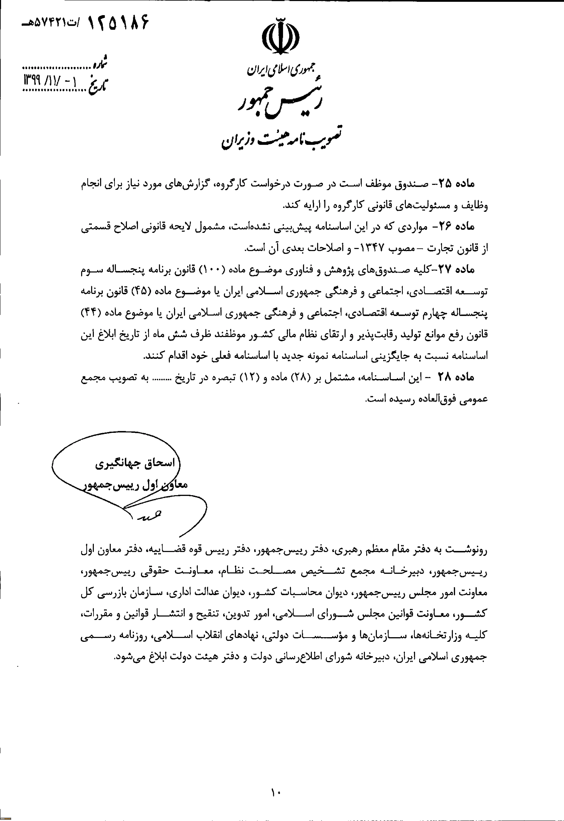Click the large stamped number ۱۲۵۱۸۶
click(117, 23)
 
